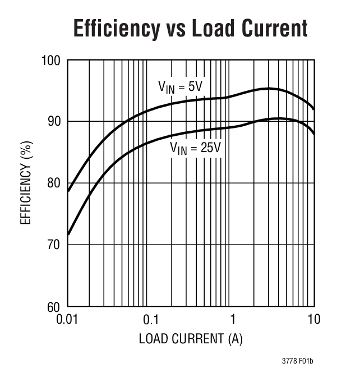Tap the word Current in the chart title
point(276,28)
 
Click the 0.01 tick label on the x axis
point(68,320)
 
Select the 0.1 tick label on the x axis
point(150,320)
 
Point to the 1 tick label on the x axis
point(232,320)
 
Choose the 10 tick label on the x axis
point(313,320)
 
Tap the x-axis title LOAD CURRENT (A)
point(191,339)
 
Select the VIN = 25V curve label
point(195,149)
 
